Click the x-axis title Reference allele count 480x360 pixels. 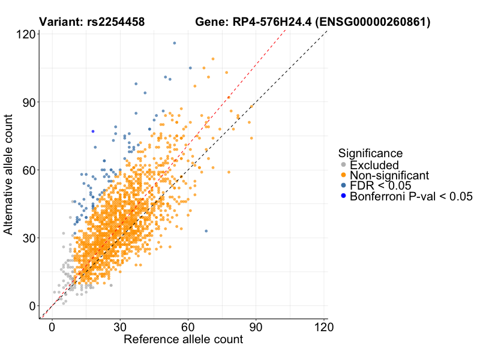point(183,340)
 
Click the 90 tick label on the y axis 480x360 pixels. point(26,102)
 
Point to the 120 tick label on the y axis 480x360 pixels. point(23,34)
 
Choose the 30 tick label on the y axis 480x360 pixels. point(26,238)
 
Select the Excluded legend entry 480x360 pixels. point(374,165)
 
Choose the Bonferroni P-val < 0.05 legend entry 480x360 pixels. point(411,197)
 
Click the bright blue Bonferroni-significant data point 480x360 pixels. point(93,131)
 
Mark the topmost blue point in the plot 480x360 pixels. point(175,43)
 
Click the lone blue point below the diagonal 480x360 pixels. point(206,231)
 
